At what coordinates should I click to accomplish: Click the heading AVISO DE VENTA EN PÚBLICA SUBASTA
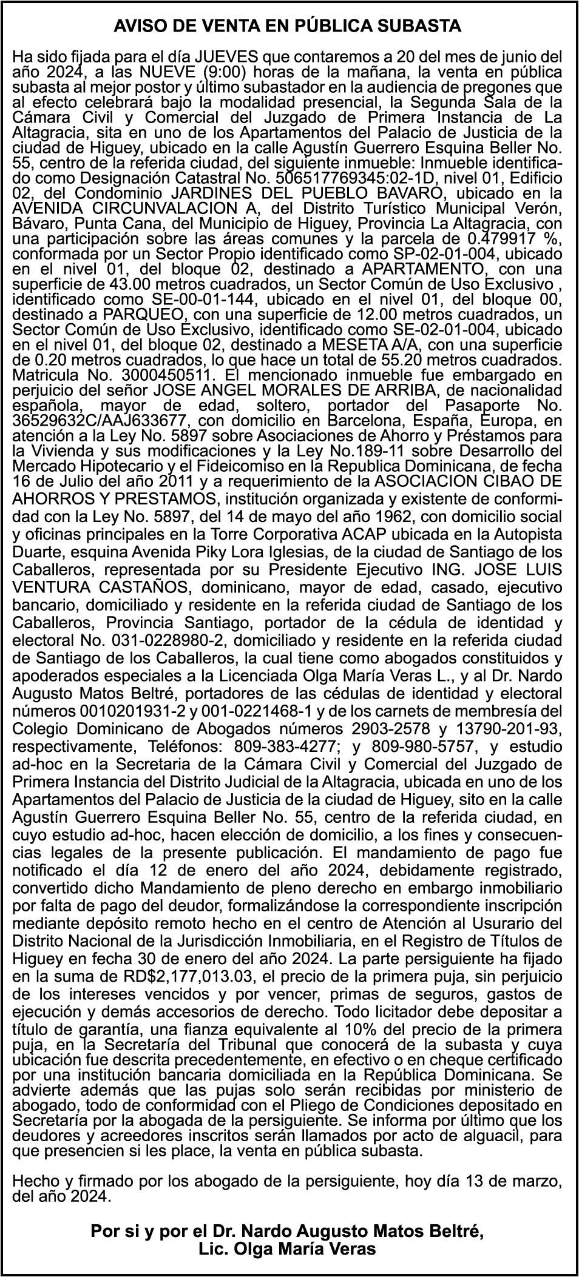(x=288, y=27)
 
